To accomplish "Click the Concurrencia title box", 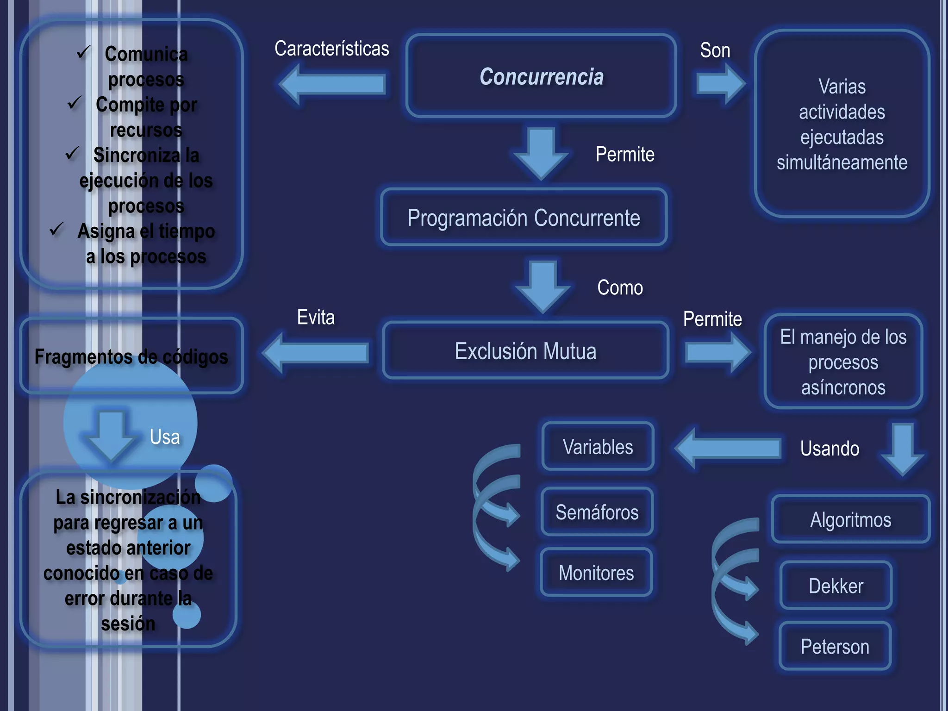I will click(541, 76).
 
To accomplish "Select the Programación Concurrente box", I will click(524, 218).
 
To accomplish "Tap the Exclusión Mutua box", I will click(525, 351).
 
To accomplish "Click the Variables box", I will click(598, 447).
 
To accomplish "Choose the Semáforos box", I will click(597, 512).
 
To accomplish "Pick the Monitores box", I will click(596, 573).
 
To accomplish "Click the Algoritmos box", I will click(850, 519).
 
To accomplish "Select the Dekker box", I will click(836, 586).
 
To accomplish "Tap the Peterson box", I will click(835, 646).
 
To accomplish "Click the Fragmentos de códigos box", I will click(131, 356).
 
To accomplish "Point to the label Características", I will click(331, 49).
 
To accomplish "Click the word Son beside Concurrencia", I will click(715, 50).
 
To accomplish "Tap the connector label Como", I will click(620, 287).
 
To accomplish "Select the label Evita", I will click(316, 318).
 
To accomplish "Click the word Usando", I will click(829, 448).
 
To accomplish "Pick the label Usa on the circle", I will click(165, 437).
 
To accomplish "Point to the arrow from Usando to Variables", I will click(727, 448).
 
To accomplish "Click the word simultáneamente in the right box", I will click(842, 162).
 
